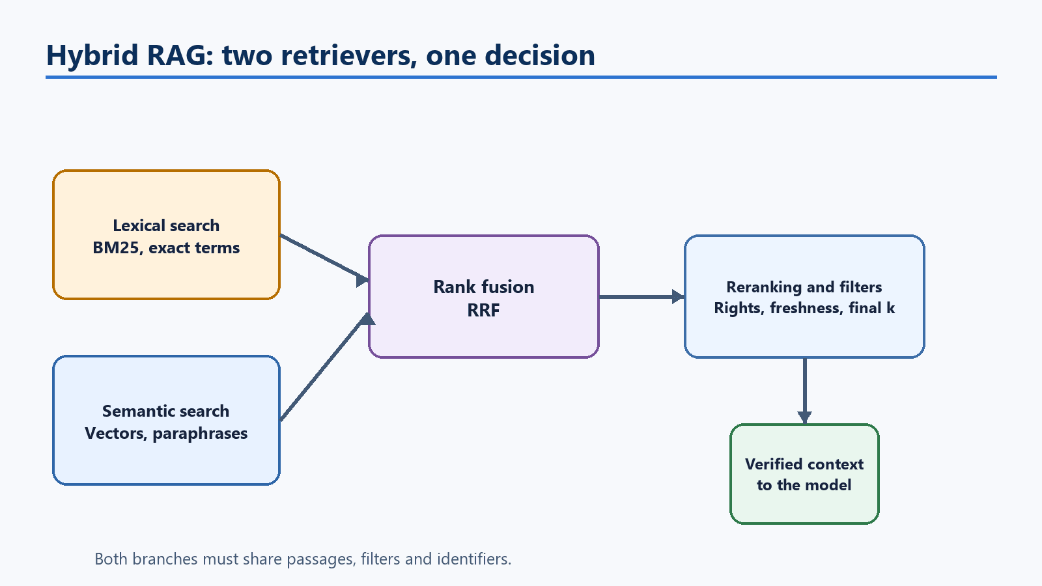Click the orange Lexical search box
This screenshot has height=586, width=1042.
[x=166, y=234]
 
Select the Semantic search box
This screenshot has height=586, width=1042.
[x=166, y=421]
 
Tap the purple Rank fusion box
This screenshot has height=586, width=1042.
[x=484, y=297]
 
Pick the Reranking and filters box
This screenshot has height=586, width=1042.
[x=804, y=297]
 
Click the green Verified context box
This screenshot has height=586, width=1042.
[x=804, y=474]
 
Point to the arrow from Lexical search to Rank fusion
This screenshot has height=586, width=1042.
[x=324, y=258]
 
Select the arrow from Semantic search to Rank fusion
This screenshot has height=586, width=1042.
[x=326, y=367]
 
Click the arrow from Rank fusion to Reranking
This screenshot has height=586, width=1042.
[x=641, y=296]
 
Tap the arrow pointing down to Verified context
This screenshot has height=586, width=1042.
[x=804, y=391]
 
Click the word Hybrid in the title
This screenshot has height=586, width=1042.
[x=92, y=55]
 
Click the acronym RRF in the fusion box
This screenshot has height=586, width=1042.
[x=483, y=310]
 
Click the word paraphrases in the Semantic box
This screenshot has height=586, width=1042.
[x=200, y=434]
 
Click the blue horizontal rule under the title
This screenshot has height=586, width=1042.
[x=521, y=77]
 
